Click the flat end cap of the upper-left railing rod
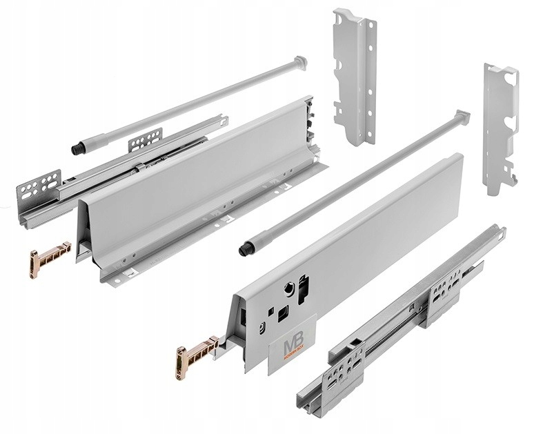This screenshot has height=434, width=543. (x=299, y=62)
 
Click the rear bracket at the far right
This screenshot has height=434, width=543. (x=500, y=128)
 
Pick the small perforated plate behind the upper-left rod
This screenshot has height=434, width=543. (x=145, y=140)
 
